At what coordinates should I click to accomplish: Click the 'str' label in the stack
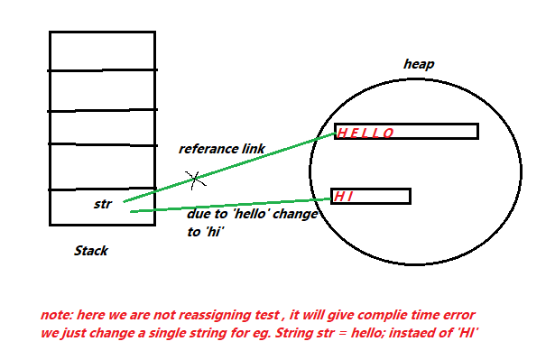pos(102,204)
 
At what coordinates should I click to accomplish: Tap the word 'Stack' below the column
pos(90,251)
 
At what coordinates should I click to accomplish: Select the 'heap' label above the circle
pos(419,64)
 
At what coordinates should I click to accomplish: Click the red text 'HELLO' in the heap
pos(365,134)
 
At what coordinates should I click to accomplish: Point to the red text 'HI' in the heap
pos(343,196)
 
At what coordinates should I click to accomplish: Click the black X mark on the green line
pos(195,179)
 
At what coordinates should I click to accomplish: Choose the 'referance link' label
pos(221,148)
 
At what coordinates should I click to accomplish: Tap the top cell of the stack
pos(102,51)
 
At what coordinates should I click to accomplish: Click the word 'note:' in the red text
pos(57,316)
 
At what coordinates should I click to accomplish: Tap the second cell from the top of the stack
pos(102,90)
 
